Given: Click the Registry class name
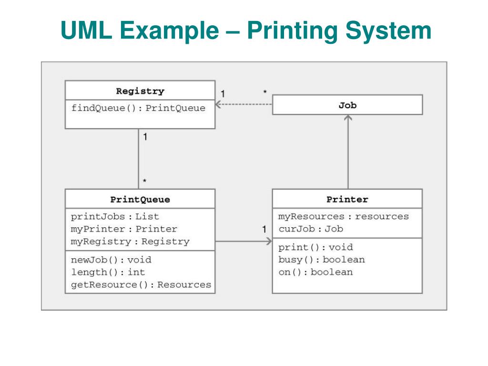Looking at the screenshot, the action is tap(140, 91).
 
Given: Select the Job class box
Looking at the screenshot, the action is tap(347, 105).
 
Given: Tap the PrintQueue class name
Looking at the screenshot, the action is tap(140, 200).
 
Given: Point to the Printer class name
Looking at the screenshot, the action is tap(347, 200).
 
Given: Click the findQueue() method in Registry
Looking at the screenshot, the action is tap(139, 108).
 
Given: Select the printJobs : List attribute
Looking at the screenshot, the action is tap(115, 216).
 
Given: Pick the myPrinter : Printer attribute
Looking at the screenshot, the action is tap(124, 229).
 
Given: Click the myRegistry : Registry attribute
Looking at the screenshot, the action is tap(130, 242).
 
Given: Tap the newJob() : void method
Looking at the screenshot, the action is tap(111, 260).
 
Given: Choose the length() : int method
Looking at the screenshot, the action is tap(108, 272).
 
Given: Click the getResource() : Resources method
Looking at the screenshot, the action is tap(141, 285).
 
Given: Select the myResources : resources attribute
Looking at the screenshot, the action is tap(344, 216).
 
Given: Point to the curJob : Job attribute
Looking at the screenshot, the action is tap(311, 229).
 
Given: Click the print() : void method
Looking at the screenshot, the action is tap(315, 247).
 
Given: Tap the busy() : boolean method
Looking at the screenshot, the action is tap(322, 260).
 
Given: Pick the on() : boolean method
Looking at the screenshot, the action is tap(315, 272).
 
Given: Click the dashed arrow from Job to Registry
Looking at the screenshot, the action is tap(244, 104).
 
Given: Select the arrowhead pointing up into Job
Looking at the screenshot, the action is tap(348, 118).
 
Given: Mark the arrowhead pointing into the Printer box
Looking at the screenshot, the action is tap(269, 241).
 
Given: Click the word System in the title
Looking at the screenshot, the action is tap(388, 31).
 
